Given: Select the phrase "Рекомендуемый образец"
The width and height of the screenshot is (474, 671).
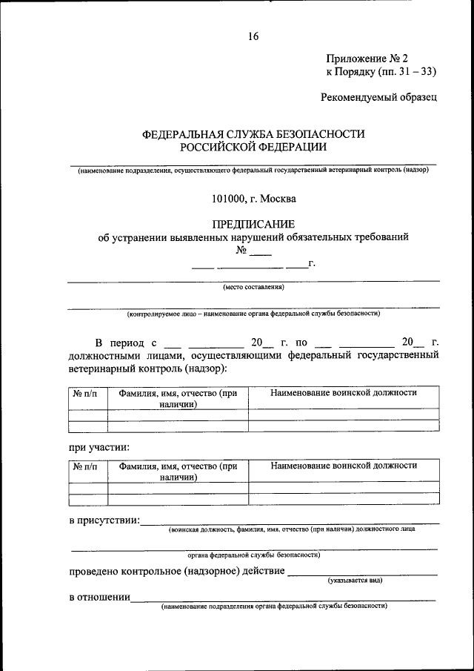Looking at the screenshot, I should pos(379,96).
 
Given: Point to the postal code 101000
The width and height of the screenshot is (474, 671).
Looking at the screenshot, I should pos(229,198).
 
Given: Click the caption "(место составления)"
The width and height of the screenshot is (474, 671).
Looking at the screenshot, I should pos(253,288).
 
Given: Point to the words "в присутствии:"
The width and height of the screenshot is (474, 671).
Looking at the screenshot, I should pos(104,522).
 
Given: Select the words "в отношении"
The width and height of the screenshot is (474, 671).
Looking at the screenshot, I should pos(99,598).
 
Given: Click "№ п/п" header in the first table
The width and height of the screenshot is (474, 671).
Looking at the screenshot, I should pos(88,393).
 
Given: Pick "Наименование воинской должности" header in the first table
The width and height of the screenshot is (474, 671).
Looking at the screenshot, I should pos(343,393).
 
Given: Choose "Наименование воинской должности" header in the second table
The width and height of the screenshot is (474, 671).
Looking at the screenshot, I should pos(343,466).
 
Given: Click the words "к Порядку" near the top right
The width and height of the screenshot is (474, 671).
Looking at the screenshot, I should pos(350,72).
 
